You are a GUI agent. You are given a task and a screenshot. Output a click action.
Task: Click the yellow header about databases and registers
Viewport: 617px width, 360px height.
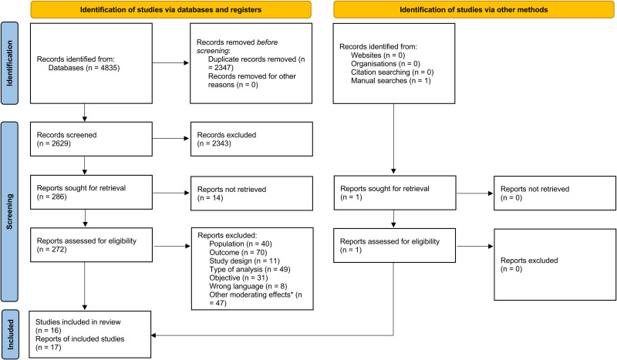[170, 9]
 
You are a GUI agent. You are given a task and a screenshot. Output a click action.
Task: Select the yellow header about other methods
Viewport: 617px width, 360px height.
[474, 9]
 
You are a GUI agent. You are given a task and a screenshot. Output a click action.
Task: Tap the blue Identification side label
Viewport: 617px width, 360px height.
[9, 63]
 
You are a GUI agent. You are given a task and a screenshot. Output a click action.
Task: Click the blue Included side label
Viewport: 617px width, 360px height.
[10, 334]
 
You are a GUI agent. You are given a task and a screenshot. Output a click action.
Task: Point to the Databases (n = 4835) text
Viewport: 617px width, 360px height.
[84, 68]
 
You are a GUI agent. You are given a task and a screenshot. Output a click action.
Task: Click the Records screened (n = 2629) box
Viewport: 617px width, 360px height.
[91, 139]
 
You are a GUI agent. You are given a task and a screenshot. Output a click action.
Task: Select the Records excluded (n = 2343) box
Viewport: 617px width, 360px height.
[251, 139]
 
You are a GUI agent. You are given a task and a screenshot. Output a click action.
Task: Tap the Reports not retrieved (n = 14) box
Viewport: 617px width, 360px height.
[252, 193]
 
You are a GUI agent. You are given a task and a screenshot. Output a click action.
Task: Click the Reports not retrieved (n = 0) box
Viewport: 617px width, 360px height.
[555, 193]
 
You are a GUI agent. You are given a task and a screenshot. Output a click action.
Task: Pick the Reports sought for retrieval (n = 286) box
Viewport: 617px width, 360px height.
[91, 192]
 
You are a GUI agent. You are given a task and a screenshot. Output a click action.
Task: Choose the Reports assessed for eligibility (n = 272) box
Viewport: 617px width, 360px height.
[91, 244]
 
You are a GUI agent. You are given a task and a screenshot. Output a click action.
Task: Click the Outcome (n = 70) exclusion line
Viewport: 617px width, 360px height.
[238, 252]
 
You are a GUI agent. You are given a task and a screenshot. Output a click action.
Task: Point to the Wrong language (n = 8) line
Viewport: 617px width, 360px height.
[248, 286]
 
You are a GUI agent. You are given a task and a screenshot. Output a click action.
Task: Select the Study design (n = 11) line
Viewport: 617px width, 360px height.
[244, 261]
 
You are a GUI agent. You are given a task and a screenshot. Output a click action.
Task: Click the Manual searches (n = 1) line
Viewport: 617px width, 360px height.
[391, 81]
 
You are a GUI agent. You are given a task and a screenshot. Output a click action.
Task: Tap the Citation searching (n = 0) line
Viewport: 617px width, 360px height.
[393, 72]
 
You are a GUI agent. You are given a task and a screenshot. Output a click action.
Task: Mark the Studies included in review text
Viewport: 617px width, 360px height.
[78, 321]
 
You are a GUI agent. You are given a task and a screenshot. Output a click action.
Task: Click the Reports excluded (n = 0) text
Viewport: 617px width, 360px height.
[529, 264]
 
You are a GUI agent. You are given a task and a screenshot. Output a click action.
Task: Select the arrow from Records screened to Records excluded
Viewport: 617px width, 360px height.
[170, 139]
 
